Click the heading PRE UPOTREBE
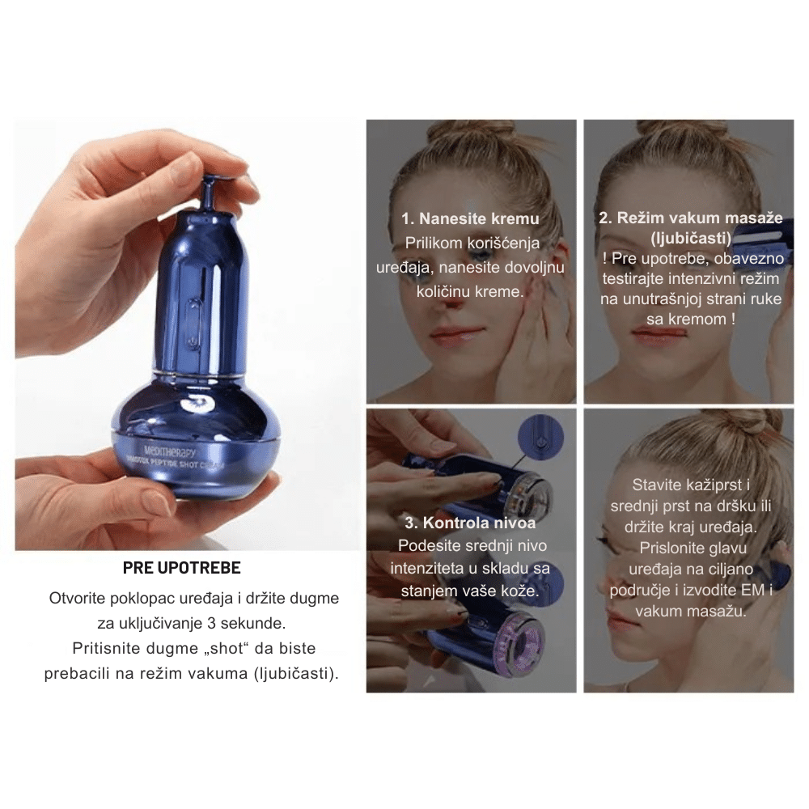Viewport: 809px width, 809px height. point(181,568)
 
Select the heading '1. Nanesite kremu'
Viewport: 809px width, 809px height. point(470,218)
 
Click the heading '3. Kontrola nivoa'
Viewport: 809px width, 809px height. point(470,523)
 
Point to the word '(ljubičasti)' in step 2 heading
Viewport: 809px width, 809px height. point(691,239)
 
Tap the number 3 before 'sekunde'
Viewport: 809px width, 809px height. point(211,623)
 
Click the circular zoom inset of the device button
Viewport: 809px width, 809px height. point(540,438)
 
